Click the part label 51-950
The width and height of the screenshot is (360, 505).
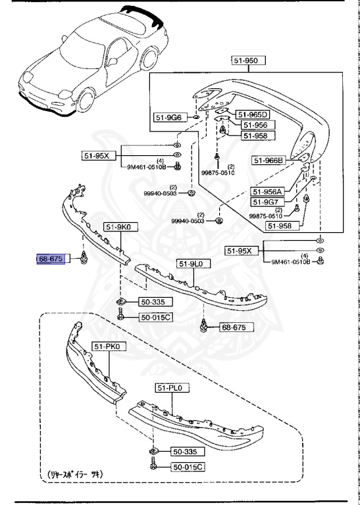(248, 60)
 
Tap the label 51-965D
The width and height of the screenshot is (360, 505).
(253, 114)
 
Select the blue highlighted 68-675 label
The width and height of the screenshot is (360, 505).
(51, 260)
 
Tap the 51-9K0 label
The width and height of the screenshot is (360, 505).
(118, 227)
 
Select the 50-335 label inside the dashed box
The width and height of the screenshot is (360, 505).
(170, 452)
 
